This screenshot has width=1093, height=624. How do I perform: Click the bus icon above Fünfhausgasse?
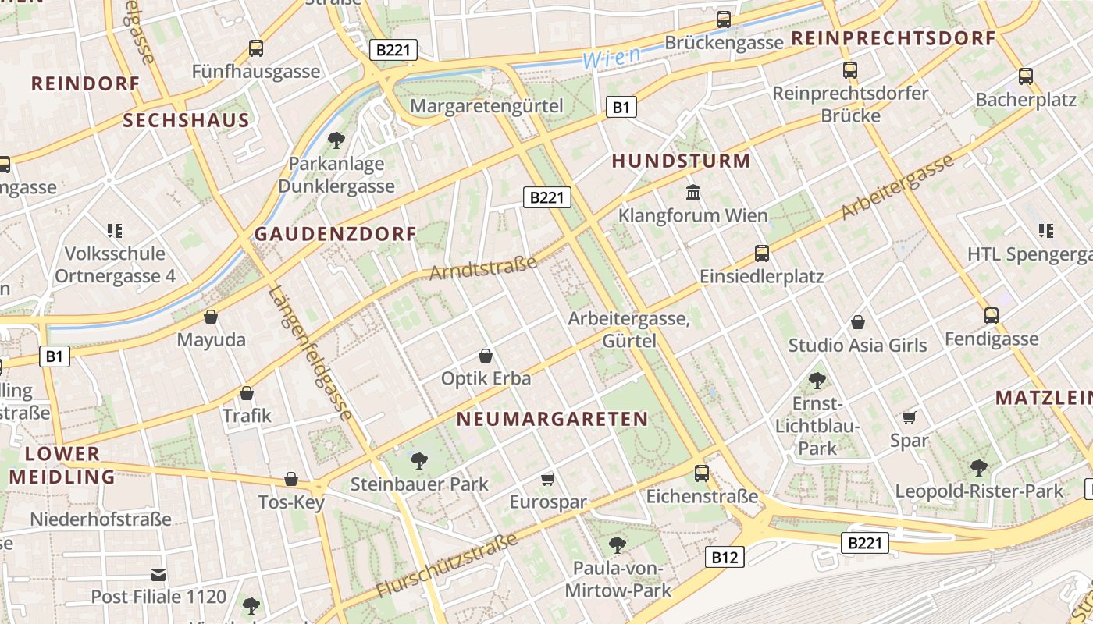256,48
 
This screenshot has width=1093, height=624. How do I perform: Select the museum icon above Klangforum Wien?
693,192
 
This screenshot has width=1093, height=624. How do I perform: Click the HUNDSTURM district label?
681,161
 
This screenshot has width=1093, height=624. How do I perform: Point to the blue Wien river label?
611,57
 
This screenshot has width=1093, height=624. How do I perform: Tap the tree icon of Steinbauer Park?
419,461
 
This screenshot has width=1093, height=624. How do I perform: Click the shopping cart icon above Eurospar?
548,479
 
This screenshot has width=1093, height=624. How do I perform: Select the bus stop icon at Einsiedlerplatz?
761,253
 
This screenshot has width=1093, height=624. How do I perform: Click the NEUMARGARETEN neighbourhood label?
552,419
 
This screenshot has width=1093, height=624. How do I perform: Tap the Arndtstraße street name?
483,268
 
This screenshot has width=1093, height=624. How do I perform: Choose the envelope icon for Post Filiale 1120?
159,575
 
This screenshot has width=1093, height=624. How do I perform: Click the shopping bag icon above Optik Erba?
486,356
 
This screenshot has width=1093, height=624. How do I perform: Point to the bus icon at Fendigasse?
992,316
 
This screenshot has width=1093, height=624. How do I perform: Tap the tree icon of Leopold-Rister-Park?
979,468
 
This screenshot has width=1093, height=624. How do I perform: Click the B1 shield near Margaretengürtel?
621,107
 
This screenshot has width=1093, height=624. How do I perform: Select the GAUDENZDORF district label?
336,234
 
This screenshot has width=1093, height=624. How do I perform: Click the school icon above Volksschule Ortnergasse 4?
116,230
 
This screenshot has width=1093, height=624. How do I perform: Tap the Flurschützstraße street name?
447,565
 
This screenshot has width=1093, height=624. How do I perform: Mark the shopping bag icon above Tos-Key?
291,479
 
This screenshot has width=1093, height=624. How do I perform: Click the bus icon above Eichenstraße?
702,473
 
